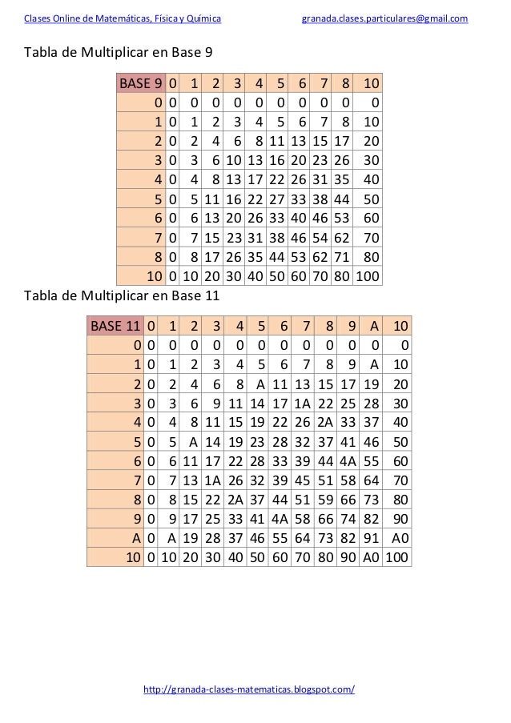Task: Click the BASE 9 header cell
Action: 141,83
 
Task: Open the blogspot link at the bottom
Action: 248,689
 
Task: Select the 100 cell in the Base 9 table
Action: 369,277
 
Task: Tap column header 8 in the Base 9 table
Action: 346,83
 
